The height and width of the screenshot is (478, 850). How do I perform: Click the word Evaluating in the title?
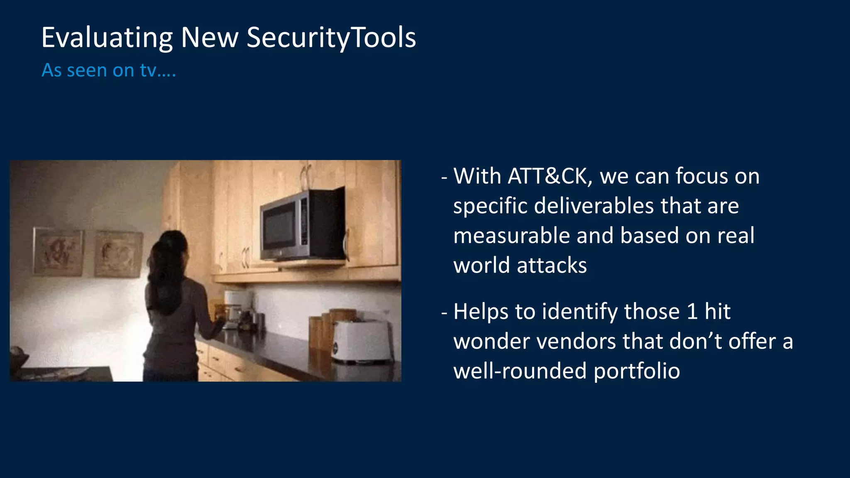[x=107, y=38]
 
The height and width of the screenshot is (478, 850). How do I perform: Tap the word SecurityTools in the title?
[x=331, y=38]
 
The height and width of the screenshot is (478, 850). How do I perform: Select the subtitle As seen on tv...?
[x=109, y=70]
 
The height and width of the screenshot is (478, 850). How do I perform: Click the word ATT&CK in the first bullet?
[x=547, y=176]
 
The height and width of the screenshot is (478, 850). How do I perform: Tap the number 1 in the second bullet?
[x=692, y=312]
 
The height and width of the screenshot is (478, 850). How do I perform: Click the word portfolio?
[x=637, y=371]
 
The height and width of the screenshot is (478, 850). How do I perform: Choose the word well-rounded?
[x=520, y=371]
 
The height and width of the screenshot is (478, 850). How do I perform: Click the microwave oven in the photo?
[x=302, y=226]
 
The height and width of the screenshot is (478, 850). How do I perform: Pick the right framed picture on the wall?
[x=118, y=254]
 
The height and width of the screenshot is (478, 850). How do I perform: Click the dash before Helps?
[x=445, y=312]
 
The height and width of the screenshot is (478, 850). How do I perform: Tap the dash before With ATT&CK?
[x=445, y=178]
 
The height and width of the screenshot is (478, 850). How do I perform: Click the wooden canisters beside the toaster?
[x=322, y=328]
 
